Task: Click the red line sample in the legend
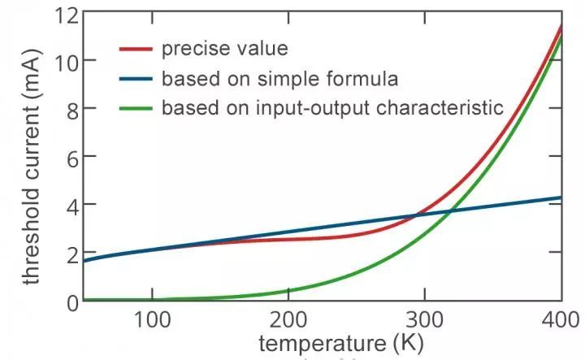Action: pyautogui.click(x=136, y=50)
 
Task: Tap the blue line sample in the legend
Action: pyautogui.click(x=136, y=79)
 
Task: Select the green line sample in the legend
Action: pyautogui.click(x=136, y=108)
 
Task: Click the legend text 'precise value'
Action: pyautogui.click(x=224, y=49)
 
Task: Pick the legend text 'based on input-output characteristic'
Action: pyautogui.click(x=333, y=108)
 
